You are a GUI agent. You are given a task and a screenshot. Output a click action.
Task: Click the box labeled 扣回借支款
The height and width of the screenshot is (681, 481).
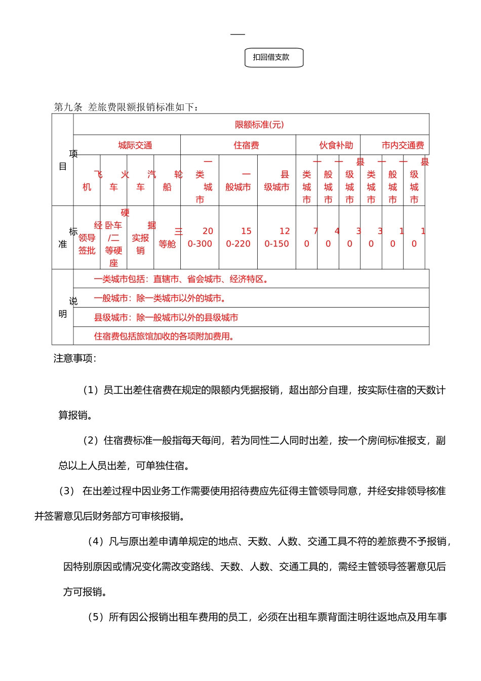click(x=273, y=58)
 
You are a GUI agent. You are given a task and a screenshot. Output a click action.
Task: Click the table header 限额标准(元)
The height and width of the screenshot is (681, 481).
click(x=259, y=125)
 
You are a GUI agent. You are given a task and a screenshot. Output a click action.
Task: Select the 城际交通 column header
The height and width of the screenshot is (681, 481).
click(x=135, y=145)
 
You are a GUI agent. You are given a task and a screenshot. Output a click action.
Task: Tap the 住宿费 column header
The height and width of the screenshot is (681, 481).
click(x=246, y=145)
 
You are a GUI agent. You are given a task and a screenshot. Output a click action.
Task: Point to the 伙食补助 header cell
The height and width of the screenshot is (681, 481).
click(x=336, y=145)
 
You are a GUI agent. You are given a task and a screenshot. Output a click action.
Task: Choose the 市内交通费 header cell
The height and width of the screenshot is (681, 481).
click(x=403, y=145)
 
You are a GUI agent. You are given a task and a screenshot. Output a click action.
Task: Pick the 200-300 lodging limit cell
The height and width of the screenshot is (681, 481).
click(x=200, y=238)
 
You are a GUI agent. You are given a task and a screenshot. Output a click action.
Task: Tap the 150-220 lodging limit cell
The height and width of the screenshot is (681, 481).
click(x=238, y=238)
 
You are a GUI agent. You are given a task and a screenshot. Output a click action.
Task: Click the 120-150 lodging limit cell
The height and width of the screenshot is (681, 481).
click(x=277, y=238)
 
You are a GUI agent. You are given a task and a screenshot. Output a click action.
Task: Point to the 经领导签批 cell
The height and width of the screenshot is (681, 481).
click(x=87, y=238)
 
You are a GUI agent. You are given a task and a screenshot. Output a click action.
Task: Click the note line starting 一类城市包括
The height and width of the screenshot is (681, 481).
click(x=181, y=279)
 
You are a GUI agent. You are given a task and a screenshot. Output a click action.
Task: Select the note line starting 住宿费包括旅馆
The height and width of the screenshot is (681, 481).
click(x=164, y=336)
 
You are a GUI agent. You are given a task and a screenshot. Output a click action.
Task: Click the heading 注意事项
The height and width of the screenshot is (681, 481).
click(x=74, y=359)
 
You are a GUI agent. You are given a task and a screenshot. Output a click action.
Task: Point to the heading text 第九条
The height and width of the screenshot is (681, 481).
click(x=68, y=107)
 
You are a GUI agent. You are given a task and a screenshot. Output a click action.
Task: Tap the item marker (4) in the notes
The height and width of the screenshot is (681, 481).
click(x=96, y=542)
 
